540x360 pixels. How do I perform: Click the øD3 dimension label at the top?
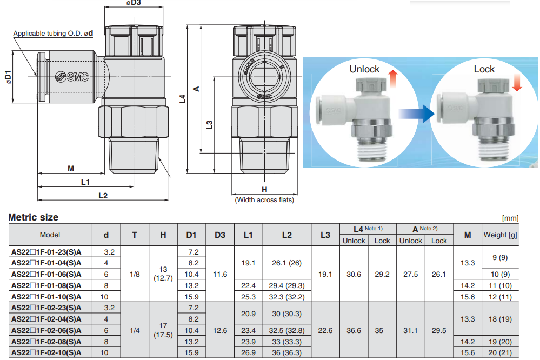(x=134, y=3)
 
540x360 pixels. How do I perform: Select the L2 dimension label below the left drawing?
(x=103, y=195)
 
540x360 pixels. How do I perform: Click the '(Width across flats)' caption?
(x=264, y=200)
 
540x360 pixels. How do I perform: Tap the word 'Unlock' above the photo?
(x=364, y=69)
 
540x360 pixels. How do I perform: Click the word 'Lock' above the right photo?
(x=484, y=69)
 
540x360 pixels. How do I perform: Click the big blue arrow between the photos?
(x=417, y=114)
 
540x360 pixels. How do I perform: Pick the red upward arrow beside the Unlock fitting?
(x=393, y=78)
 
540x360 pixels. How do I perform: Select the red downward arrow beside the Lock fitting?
(x=516, y=83)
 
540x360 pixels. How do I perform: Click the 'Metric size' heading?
(x=34, y=217)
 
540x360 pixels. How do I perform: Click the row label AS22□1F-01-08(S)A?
(x=46, y=285)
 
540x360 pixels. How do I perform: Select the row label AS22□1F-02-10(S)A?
(x=46, y=352)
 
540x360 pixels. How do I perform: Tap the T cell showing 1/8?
(x=135, y=274)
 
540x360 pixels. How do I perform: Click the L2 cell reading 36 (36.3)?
(x=286, y=352)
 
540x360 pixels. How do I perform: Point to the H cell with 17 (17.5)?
(x=163, y=330)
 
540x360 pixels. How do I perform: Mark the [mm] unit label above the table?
(x=510, y=218)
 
